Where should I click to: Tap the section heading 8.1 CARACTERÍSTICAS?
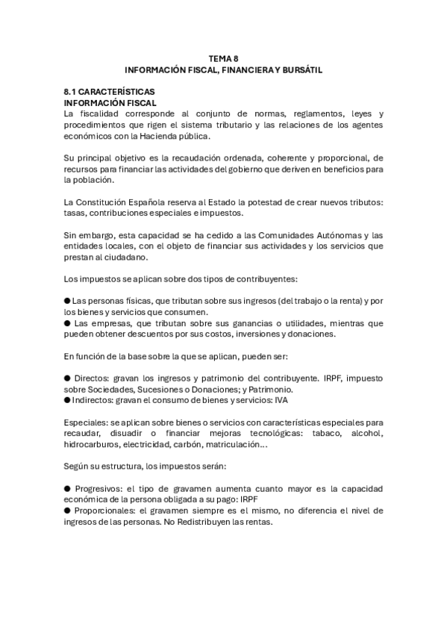[109, 91]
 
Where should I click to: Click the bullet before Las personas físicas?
[68, 301]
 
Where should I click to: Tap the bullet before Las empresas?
[68, 323]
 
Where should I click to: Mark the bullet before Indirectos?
[68, 401]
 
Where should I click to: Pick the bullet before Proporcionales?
[68, 511]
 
